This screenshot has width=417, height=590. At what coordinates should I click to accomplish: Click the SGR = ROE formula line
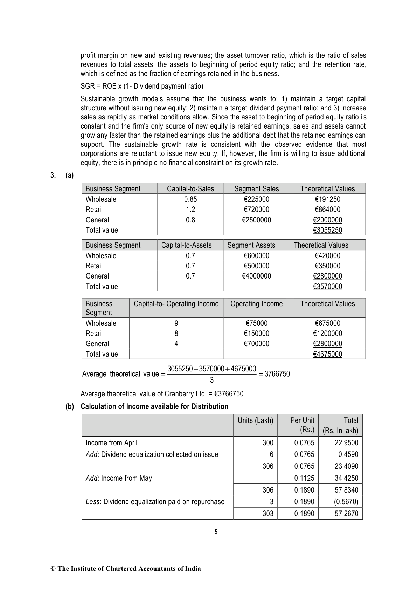[142, 86]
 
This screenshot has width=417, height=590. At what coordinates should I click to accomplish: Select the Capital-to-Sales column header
[190, 189]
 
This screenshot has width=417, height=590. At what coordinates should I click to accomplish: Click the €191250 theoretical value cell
[327, 199]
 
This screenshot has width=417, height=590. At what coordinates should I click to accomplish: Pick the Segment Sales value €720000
[256, 210]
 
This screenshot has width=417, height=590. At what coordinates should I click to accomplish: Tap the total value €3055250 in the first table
[327, 230]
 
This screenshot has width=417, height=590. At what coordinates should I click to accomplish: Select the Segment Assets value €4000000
[256, 276]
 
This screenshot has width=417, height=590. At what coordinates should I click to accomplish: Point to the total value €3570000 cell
[327, 287]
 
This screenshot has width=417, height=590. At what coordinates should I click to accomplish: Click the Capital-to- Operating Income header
[176, 304]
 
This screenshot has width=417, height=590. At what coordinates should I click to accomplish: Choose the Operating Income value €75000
[256, 323]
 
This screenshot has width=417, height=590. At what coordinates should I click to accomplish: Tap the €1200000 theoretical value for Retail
[327, 334]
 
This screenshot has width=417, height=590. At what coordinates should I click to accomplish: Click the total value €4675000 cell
[327, 354]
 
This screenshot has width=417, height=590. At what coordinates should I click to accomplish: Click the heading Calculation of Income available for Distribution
[154, 406]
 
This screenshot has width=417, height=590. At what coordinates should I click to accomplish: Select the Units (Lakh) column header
[255, 420]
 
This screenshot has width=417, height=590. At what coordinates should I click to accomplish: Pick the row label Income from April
[111, 443]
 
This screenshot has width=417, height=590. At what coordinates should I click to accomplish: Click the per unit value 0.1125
[304, 478]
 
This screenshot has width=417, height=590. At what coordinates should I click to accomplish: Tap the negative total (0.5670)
[346, 502]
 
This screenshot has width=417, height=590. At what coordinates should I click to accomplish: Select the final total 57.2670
[346, 514]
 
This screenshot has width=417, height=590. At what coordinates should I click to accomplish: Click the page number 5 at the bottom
[216, 532]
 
